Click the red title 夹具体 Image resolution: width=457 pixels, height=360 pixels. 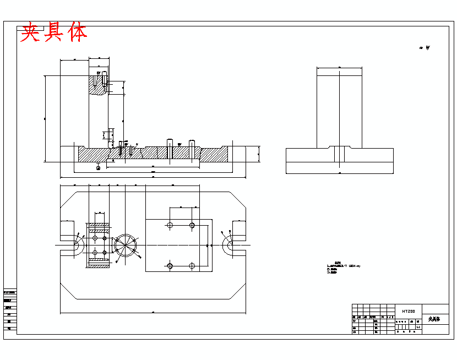coord(53,33)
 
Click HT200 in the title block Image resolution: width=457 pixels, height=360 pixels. coord(408,311)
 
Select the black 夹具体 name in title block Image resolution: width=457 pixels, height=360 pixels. coord(434,319)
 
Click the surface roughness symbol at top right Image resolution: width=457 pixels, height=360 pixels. coord(425,48)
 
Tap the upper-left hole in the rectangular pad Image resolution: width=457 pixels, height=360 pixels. coord(170,225)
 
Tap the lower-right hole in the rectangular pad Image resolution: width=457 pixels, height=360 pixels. coord(192,266)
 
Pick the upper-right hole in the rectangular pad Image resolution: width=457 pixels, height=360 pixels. coord(192,225)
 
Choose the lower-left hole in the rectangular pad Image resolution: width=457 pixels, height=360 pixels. coord(170,266)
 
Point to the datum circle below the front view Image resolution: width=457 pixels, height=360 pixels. coord(98,168)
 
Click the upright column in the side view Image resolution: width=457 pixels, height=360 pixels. coord(339,107)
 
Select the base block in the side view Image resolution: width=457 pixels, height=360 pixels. coord(339,161)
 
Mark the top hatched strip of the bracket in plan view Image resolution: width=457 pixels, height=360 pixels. coord(99,226)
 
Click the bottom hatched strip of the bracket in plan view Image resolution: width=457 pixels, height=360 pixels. coord(99,265)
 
